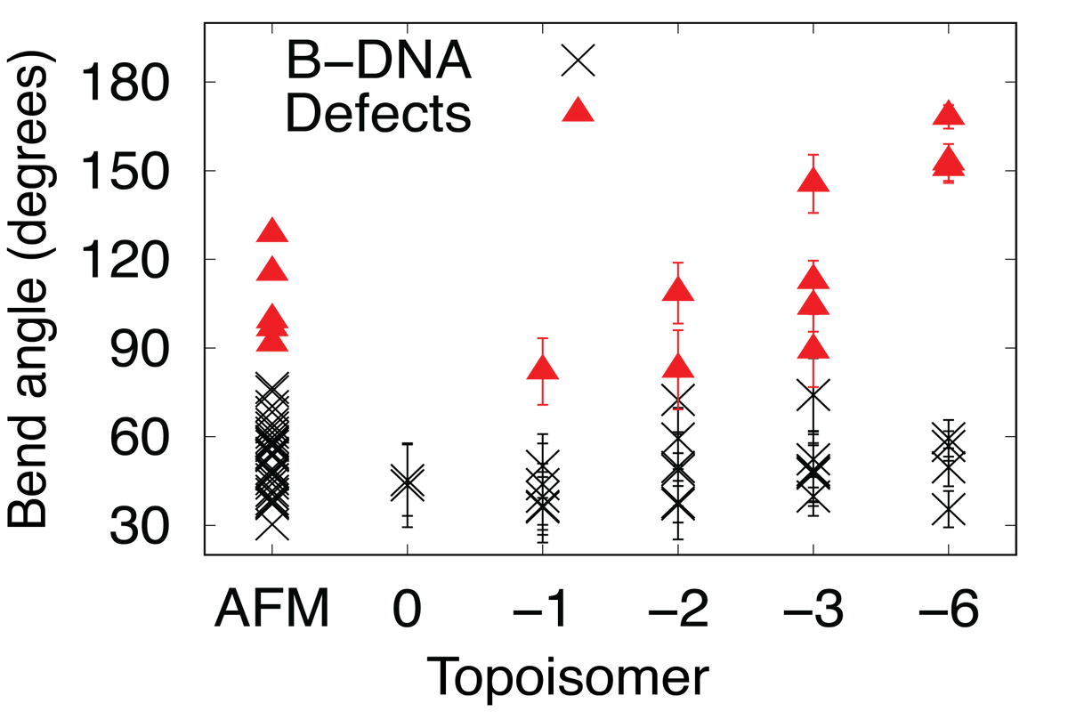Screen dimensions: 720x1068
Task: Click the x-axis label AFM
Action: [271, 613]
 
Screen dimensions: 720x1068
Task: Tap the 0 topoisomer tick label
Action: [408, 613]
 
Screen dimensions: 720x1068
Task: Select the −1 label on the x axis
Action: [542, 613]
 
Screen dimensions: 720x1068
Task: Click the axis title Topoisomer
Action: [569, 678]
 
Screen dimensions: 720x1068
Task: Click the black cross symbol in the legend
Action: [578, 61]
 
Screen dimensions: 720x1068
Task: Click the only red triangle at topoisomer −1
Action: [543, 369]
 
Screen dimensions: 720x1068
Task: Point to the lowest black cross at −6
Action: [949, 511]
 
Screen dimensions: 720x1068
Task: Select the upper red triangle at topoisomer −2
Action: [678, 290]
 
